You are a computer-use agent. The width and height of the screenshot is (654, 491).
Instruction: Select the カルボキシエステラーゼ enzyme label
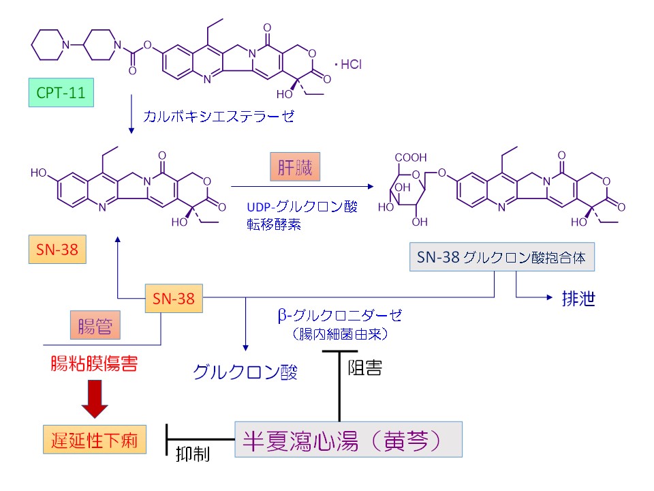(219, 117)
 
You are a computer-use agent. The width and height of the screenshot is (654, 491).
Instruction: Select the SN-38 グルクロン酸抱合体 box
(503, 258)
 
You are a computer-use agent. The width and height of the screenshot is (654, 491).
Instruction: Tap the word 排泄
(578, 299)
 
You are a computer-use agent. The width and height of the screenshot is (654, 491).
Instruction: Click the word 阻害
(364, 368)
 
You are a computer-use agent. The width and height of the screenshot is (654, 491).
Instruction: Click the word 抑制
(192, 453)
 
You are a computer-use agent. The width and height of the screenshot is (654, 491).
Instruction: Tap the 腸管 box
(94, 323)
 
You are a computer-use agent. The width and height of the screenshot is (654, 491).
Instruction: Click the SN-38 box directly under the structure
(58, 250)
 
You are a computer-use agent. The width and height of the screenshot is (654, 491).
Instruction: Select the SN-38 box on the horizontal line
(174, 298)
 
